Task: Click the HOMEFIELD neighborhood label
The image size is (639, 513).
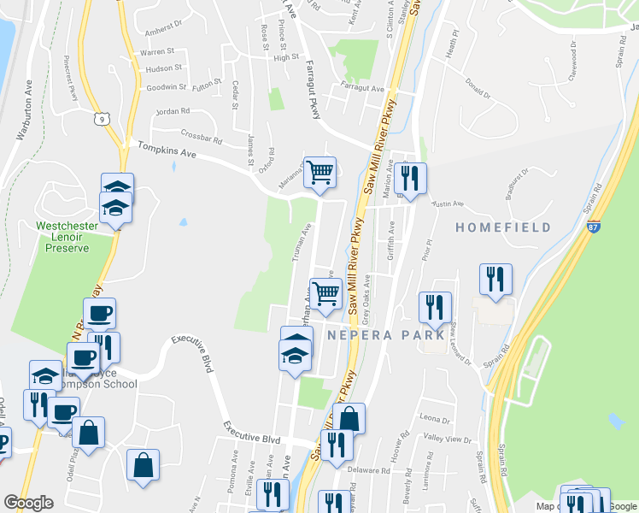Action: (502, 227)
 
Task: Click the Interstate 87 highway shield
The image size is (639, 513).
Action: (594, 227)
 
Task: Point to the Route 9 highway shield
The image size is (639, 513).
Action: (102, 118)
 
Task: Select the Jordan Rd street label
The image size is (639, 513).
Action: (173, 111)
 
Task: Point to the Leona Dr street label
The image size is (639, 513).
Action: (434, 419)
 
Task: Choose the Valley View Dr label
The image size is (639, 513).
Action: (454, 439)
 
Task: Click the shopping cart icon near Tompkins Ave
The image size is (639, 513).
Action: (319, 172)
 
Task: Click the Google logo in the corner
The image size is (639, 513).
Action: (28, 503)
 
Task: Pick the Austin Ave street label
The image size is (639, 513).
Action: (447, 204)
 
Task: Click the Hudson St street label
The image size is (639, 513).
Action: (163, 68)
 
